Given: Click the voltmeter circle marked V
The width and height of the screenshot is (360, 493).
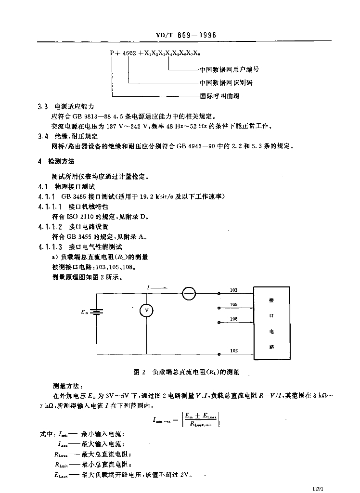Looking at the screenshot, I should click(x=146, y=311).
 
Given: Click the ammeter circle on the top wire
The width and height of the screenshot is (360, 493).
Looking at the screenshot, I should click(x=189, y=293).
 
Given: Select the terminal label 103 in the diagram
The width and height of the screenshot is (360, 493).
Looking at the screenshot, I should click(x=234, y=290).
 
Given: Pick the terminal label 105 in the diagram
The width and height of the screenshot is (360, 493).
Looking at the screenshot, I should click(x=234, y=304).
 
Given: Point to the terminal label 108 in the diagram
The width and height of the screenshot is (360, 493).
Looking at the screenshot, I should click(x=234, y=319).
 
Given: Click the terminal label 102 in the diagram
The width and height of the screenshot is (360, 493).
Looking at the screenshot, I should click(x=234, y=350).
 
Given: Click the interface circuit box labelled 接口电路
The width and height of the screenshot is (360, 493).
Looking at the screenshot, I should click(x=272, y=323).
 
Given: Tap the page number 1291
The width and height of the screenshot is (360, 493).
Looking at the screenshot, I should click(x=319, y=488).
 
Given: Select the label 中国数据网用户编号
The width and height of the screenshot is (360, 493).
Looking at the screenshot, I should click(x=229, y=69).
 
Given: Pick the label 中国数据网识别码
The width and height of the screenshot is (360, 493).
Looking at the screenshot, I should click(x=226, y=83).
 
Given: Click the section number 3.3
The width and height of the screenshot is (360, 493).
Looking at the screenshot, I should click(x=42, y=106).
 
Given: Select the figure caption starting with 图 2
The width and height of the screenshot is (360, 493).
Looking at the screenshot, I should click(x=185, y=372).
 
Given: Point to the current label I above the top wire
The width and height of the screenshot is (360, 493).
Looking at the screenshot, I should click(x=149, y=287).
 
